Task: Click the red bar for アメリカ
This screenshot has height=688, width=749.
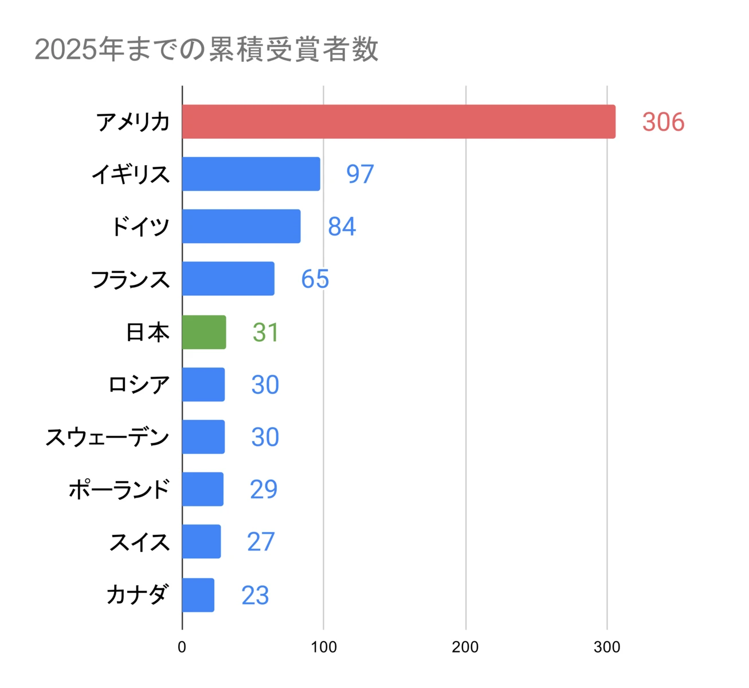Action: (x=398, y=122)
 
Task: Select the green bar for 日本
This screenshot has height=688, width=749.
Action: (x=204, y=332)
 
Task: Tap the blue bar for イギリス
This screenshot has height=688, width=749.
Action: (x=251, y=174)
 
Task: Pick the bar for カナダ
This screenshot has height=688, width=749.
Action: (x=198, y=595)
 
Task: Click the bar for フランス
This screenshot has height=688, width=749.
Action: (x=228, y=279)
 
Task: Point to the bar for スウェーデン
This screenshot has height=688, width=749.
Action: (x=203, y=437)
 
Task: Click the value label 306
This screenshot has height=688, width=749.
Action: (x=663, y=122)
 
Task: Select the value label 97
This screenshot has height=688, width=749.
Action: (x=360, y=174)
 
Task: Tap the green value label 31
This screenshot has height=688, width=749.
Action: (x=265, y=333)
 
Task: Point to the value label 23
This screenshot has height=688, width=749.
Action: (x=255, y=595)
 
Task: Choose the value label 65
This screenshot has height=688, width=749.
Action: (x=315, y=279)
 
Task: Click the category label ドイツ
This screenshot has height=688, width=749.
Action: (x=140, y=226)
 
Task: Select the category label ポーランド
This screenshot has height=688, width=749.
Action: (x=119, y=490)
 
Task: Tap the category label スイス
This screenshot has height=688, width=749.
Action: (x=139, y=542)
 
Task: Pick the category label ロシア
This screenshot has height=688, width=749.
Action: (x=139, y=385)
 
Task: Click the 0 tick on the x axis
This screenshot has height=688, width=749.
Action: (x=182, y=647)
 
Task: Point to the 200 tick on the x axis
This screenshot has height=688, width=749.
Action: (x=465, y=647)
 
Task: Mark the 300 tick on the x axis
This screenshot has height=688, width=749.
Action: (x=606, y=647)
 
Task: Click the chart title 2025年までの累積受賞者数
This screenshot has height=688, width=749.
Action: (x=206, y=49)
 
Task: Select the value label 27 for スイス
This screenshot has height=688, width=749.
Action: (x=261, y=542)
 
